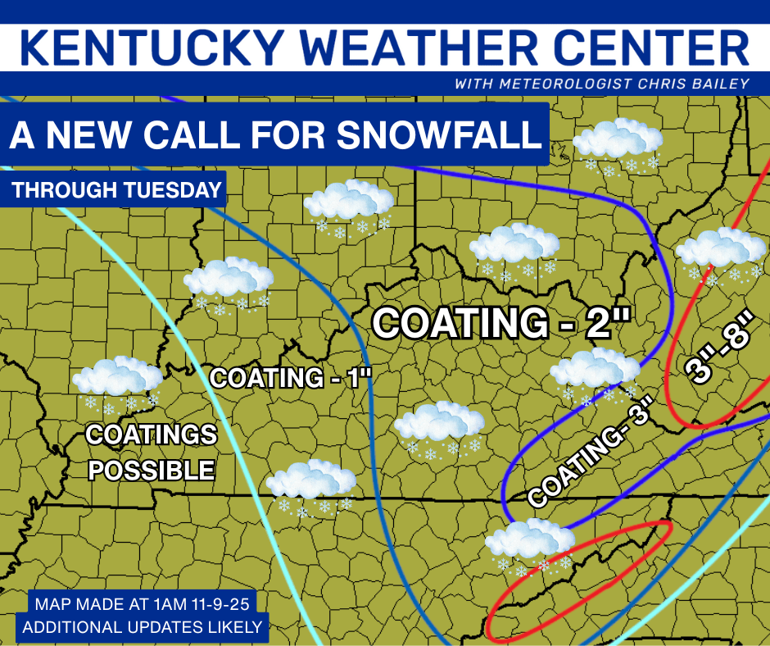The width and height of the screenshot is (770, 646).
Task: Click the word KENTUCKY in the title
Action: point(152,48)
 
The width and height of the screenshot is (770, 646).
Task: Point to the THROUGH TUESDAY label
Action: point(117,190)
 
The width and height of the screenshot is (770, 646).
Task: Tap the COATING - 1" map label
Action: point(292,378)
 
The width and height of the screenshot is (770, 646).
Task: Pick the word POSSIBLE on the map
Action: point(152,470)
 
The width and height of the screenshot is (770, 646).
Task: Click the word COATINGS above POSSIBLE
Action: point(152,434)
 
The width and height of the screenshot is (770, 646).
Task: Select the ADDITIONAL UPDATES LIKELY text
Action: point(143,627)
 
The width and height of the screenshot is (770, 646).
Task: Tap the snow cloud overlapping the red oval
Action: point(529,543)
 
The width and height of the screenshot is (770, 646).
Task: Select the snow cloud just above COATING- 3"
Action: point(595,373)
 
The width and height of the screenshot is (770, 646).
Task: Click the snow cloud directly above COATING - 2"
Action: point(514,249)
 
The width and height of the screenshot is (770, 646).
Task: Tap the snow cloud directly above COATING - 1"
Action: point(228,283)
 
